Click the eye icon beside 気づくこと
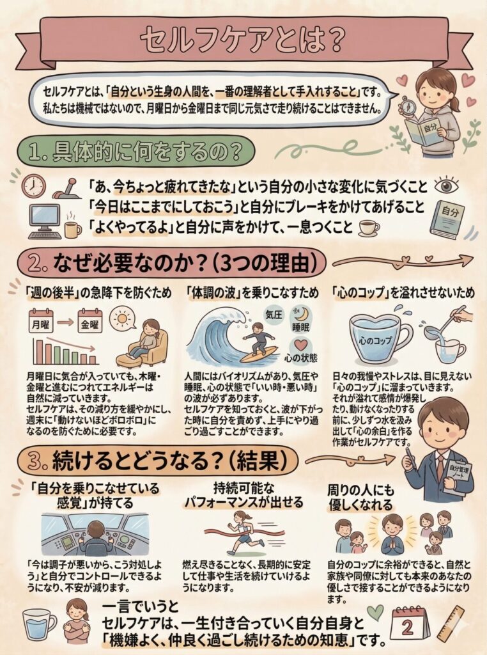coord(447,186)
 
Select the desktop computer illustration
coord(44,221)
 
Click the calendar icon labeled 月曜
coord(41,321)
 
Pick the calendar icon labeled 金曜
coord(89,321)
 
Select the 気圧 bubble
coord(274,315)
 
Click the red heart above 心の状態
coord(300,345)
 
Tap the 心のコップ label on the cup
coord(376,340)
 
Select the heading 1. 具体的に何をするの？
coord(136,151)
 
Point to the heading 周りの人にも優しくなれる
coord(360,497)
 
